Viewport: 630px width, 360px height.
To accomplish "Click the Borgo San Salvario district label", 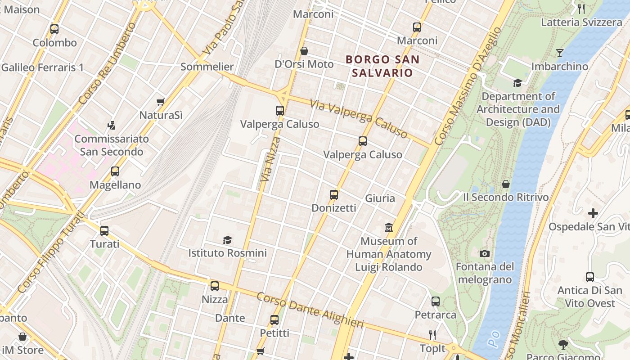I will click(x=382, y=66).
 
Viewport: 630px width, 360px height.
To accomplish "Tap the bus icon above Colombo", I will click(x=54, y=29).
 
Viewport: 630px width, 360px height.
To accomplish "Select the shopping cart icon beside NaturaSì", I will click(x=160, y=102).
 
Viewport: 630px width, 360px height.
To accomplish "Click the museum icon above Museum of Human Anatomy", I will click(x=389, y=228).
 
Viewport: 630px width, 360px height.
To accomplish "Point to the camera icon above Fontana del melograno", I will click(x=485, y=254).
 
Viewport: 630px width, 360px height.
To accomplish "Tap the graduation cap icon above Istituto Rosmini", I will click(x=228, y=240).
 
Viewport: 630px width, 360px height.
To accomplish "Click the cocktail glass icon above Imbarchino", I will click(x=559, y=53).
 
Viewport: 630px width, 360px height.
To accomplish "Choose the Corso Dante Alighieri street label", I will click(x=310, y=310).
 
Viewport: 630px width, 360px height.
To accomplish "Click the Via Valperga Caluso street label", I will click(x=359, y=119).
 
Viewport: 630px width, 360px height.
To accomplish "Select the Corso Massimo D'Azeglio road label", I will click(x=468, y=85).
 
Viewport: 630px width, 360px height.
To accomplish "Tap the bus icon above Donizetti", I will click(x=334, y=195).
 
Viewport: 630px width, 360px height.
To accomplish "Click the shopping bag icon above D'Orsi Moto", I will click(x=304, y=51).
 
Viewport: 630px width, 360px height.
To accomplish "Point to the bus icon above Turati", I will click(x=104, y=231).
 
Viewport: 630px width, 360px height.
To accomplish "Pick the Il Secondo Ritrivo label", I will click(x=506, y=197).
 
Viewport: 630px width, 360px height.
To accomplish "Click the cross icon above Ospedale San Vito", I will click(x=593, y=213).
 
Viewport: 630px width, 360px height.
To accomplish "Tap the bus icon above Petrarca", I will click(x=436, y=301).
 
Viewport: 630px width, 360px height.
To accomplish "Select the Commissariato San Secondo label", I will click(x=112, y=145).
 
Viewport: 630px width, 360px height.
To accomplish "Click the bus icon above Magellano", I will click(x=115, y=171).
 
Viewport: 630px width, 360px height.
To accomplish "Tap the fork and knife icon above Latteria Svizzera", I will click(x=581, y=9).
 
